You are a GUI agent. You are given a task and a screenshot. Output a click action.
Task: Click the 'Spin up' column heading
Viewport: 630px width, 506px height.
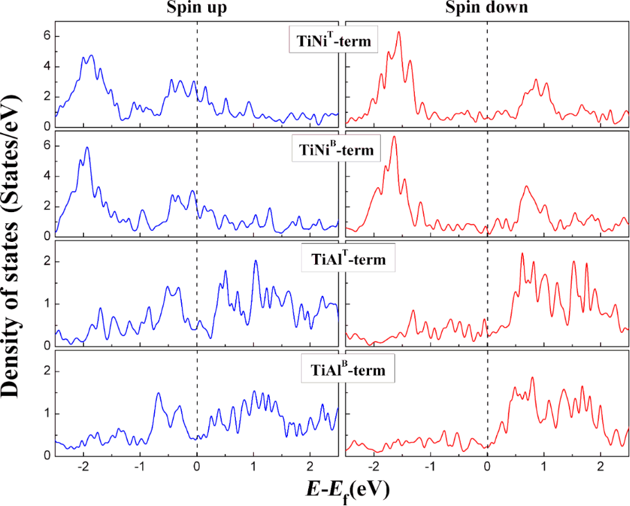tap(197, 9)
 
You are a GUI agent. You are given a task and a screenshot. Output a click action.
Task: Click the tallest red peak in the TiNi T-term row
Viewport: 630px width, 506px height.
tap(398, 32)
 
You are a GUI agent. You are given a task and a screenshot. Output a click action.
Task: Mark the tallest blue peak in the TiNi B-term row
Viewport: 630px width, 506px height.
tap(87, 147)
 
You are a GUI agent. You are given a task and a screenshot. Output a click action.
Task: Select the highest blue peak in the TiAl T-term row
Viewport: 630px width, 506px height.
tap(256, 261)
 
